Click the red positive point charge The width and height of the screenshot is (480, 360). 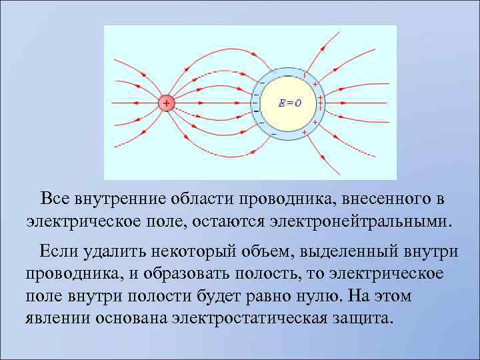click(x=166, y=103)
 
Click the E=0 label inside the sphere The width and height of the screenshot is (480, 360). click(x=290, y=103)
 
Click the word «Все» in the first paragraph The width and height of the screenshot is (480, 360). click(x=54, y=199)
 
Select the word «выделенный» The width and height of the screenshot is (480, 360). click(x=350, y=251)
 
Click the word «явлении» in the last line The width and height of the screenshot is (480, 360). click(x=57, y=317)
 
